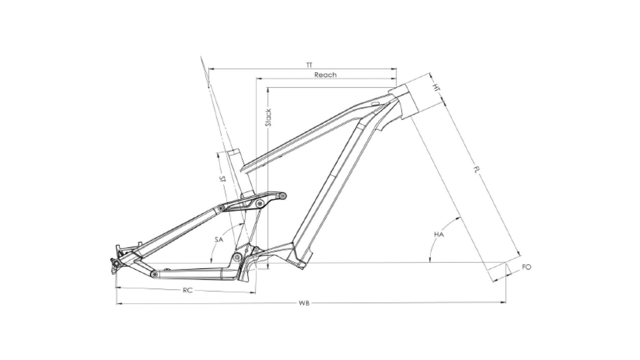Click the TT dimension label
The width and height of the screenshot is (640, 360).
pos(308,65)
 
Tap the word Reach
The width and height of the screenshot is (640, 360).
pos(325,75)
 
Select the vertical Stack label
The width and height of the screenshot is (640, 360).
pos(268,117)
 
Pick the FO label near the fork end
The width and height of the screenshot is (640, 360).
pos(526,267)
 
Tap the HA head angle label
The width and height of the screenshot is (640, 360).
pos(439,235)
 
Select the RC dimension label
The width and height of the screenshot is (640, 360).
pos(188,291)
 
